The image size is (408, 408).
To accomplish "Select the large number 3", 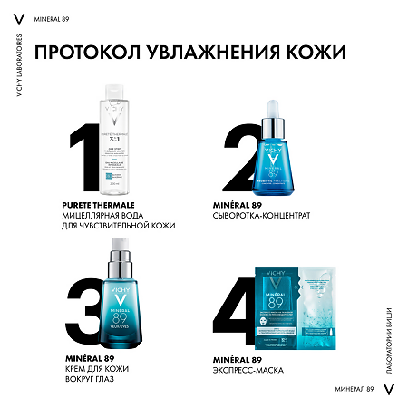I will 83,289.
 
